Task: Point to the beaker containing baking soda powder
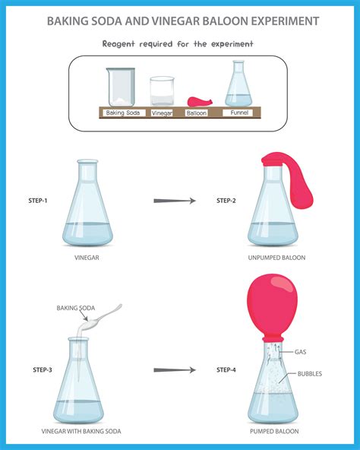tap(121, 87)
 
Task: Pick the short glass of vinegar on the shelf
tap(162, 91)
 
